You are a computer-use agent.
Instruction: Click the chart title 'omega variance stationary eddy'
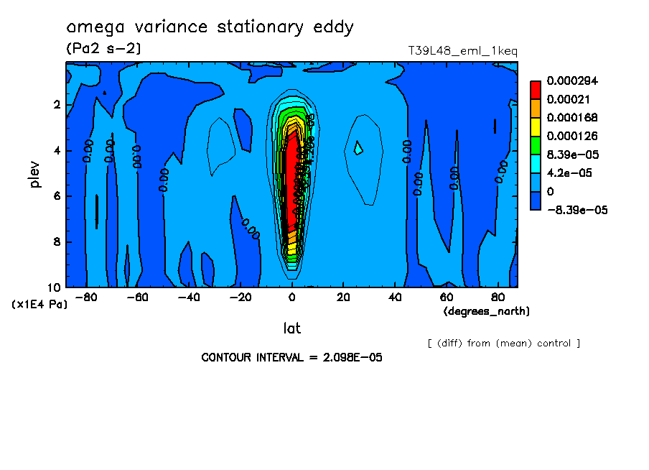[210, 27]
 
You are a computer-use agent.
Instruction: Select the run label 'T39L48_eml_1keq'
[462, 51]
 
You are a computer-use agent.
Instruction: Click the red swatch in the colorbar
[536, 89]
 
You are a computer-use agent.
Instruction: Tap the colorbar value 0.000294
[572, 80]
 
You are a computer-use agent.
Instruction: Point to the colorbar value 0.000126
[572, 136]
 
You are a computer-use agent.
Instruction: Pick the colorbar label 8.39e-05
[572, 155]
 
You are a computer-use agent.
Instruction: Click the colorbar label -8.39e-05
[576, 210]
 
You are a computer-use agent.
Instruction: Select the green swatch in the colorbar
[536, 145]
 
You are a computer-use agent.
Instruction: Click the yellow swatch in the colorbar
[536, 126]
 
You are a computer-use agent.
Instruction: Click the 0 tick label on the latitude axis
[291, 298]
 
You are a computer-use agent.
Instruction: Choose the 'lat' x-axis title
[291, 328]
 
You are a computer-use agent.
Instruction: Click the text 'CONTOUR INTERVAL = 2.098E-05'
[292, 357]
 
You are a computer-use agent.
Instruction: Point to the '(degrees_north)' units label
[487, 311]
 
